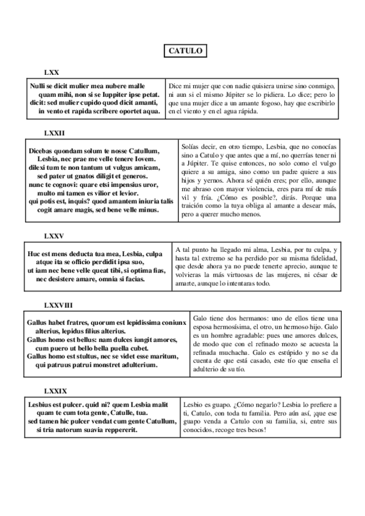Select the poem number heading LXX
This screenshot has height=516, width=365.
coord(51,72)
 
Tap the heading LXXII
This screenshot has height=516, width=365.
coord(54,132)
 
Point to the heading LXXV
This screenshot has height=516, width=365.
coord(54,235)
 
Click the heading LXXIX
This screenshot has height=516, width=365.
coord(55,390)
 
